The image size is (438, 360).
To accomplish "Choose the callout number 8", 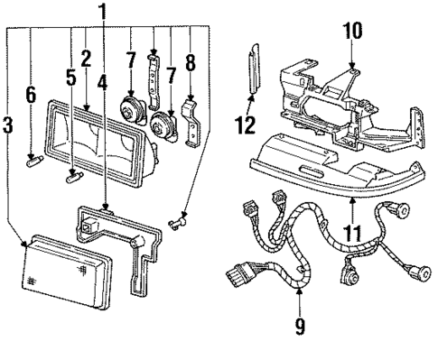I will [189, 65].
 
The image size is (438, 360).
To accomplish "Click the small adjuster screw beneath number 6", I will [36, 162].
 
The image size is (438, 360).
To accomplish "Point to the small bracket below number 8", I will [191, 123].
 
